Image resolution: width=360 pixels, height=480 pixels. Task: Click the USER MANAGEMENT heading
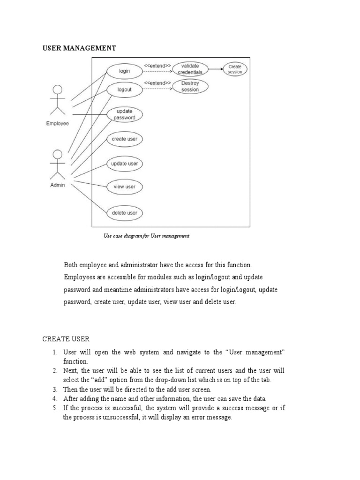pyautogui.click(x=79, y=48)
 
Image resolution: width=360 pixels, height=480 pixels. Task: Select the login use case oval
pyautogui.click(x=124, y=71)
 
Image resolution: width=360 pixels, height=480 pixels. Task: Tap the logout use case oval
pyautogui.click(x=124, y=90)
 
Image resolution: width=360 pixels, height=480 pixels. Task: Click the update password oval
pyautogui.click(x=124, y=115)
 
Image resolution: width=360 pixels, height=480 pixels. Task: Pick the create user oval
pyautogui.click(x=124, y=139)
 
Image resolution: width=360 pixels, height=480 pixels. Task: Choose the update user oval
pyautogui.click(x=124, y=164)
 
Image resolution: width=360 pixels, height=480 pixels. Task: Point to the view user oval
pyautogui.click(x=124, y=187)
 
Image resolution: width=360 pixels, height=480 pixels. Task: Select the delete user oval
pyautogui.click(x=124, y=213)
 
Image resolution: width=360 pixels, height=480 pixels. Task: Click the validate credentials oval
pyautogui.click(x=190, y=69)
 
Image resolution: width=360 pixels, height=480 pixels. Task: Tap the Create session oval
pyautogui.click(x=235, y=69)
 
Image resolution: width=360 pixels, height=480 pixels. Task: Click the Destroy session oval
pyautogui.click(x=190, y=87)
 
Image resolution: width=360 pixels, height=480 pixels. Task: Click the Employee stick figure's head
pyautogui.click(x=58, y=90)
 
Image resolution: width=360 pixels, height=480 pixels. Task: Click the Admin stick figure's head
pyautogui.click(x=58, y=154)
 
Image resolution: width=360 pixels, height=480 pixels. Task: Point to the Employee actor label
pyautogui.click(x=57, y=124)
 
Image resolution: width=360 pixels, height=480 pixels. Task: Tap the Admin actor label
pyautogui.click(x=58, y=185)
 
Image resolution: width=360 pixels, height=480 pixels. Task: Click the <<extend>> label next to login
pyautogui.click(x=157, y=65)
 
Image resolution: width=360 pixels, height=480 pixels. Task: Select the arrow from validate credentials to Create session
pyautogui.click(x=215, y=69)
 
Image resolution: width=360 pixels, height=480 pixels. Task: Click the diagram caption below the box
pyautogui.click(x=146, y=236)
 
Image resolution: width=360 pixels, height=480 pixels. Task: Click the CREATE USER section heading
pyautogui.click(x=66, y=338)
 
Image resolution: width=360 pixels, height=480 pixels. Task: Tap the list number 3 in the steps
pyautogui.click(x=55, y=389)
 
